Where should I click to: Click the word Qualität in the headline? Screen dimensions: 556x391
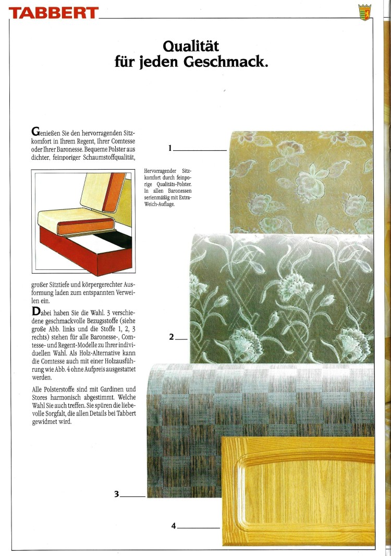click(190, 47)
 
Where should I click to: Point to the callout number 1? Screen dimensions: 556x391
click(170, 148)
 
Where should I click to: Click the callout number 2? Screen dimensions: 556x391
click(172, 337)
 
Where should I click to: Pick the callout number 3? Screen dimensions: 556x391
click(117, 493)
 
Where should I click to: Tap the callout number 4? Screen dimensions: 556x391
click(174, 526)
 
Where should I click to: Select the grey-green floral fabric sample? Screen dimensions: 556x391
click(282, 298)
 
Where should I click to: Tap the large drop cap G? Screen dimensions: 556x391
click(35, 131)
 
